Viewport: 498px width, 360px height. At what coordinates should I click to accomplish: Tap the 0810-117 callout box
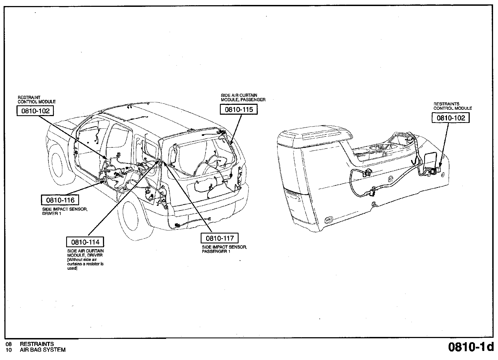coord(220,238)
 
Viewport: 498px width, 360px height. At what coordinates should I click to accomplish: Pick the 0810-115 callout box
coord(239,109)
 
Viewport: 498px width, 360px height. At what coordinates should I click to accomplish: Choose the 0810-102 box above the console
coord(451,118)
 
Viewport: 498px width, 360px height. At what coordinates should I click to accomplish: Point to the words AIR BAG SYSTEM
coord(43,350)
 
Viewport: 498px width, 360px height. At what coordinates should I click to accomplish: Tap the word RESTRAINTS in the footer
coord(37,344)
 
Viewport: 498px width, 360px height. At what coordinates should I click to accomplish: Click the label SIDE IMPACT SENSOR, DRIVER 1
coord(65,212)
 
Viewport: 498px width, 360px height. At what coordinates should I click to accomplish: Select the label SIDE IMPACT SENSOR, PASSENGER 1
coord(224,249)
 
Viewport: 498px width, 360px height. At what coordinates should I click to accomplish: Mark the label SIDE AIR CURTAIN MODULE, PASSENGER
coord(243,98)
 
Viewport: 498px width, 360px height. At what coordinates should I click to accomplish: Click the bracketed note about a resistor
coord(85,264)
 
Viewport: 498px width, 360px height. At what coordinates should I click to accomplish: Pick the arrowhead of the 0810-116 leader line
coord(103,181)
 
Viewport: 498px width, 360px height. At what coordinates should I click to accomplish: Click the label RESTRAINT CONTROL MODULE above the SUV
coord(37,100)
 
